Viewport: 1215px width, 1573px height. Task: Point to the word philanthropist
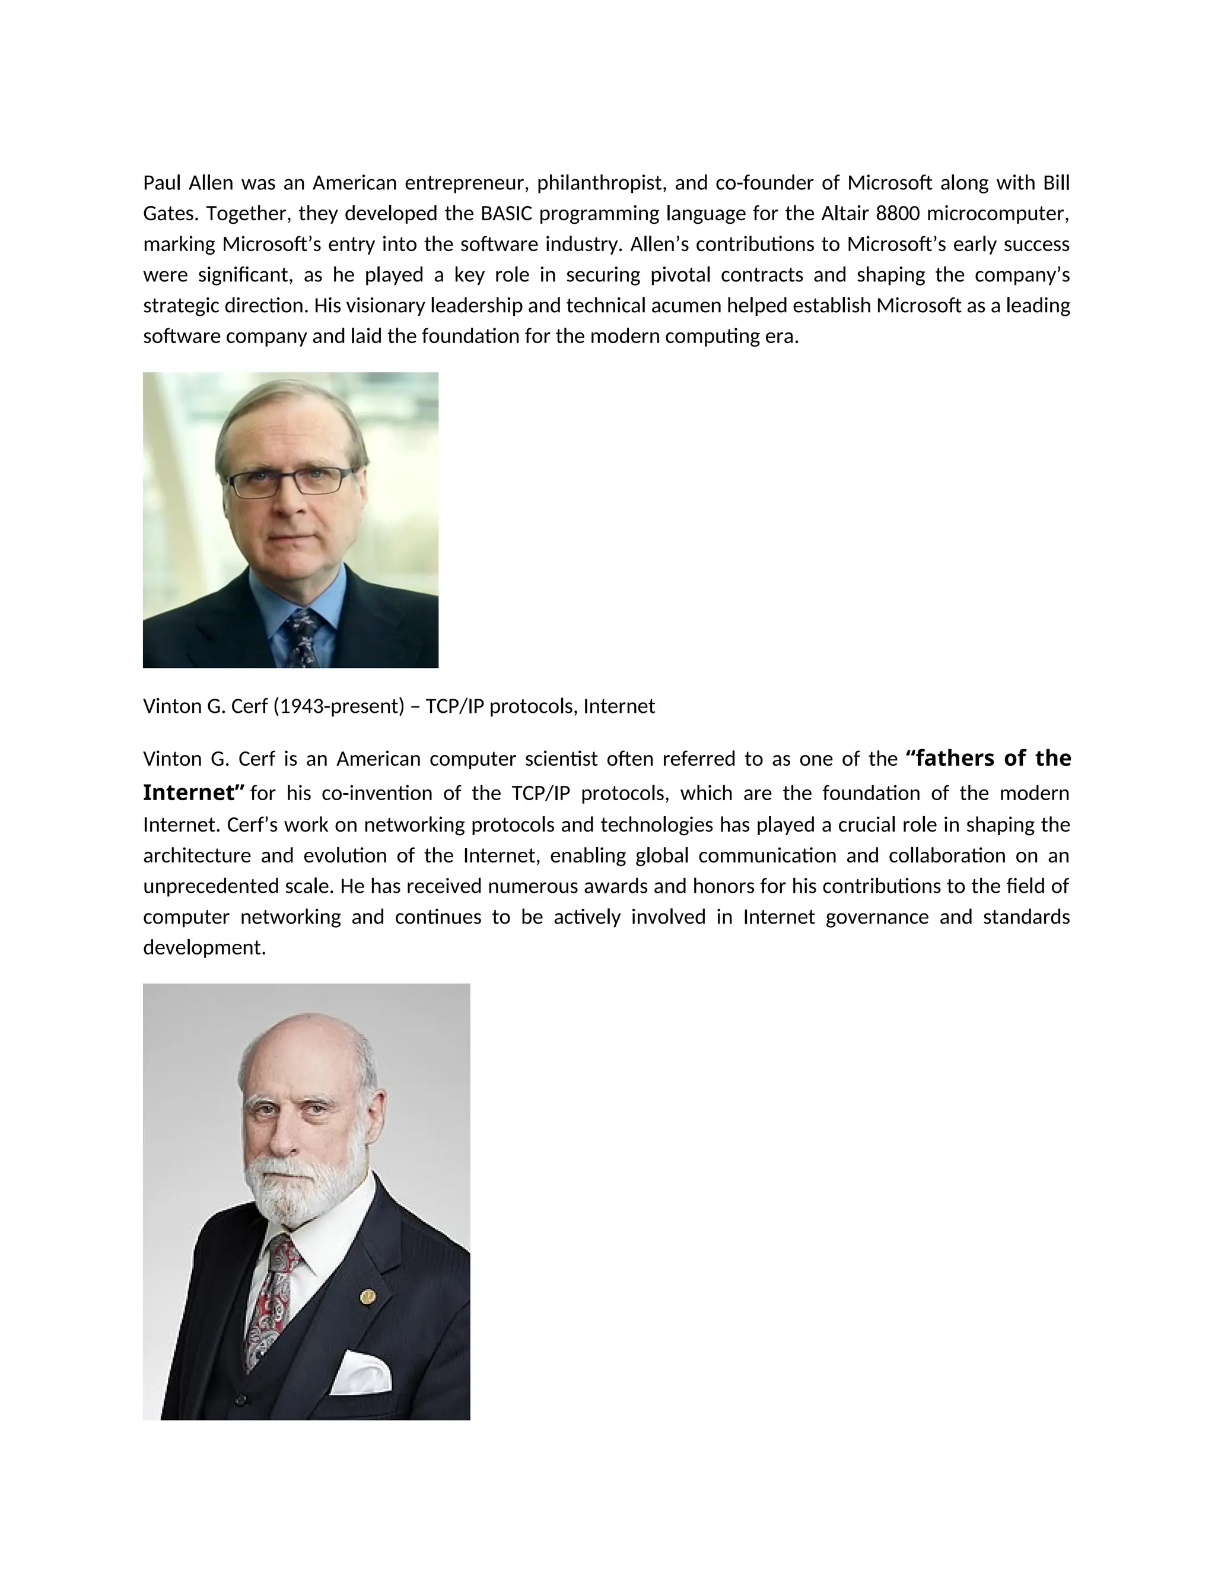602,183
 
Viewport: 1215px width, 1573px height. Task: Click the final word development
205,948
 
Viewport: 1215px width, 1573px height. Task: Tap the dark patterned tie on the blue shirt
303,638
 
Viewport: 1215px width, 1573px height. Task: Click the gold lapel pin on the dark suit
367,1297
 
